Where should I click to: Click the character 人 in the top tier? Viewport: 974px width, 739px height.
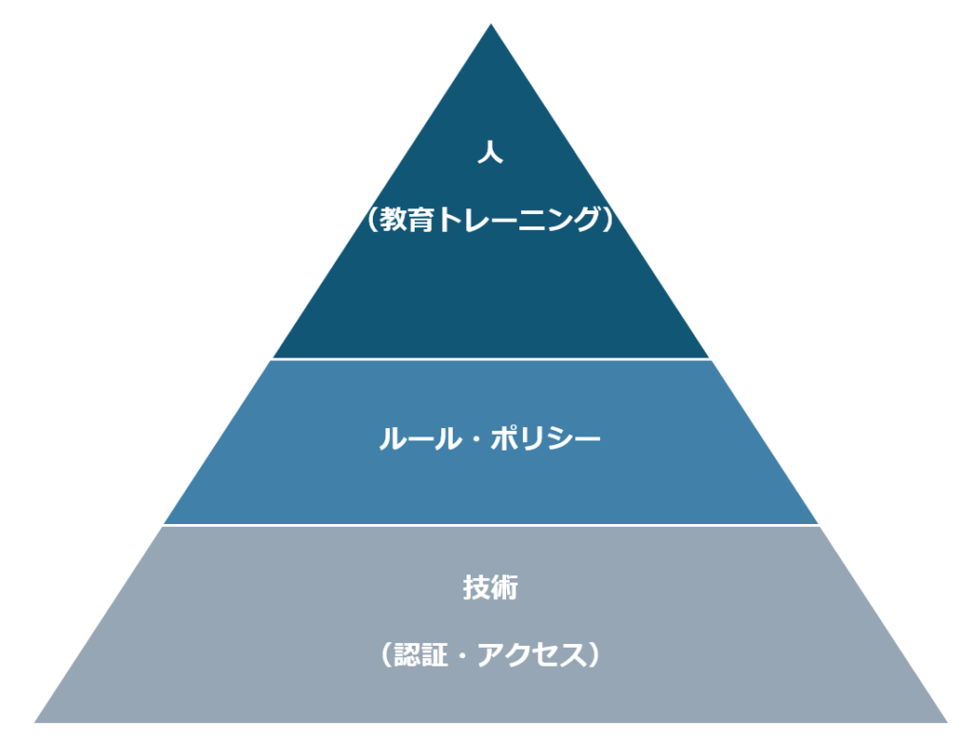tap(490, 151)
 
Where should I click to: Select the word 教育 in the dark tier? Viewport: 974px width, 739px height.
tap(406, 219)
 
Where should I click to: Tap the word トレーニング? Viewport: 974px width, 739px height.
tap(516, 219)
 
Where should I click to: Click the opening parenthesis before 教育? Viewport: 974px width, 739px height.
tap(373, 219)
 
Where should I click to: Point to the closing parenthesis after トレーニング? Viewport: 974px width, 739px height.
tap(608, 219)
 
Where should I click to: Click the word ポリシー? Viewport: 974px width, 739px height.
tap(545, 439)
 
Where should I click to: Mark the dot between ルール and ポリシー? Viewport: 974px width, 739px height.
tap(474, 439)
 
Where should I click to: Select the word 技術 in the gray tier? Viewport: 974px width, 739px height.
tap(490, 588)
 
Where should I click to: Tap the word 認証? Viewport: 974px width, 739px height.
tap(420, 655)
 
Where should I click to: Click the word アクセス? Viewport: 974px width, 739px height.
tap(532, 655)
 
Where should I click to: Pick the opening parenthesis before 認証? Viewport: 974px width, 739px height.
tap(386, 655)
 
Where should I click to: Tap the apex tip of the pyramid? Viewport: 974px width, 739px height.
tap(491, 24)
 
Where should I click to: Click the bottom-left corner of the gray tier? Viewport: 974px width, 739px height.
tap(34, 722)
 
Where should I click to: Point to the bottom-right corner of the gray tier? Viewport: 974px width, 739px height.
tap(947, 722)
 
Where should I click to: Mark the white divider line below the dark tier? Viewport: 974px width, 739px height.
tap(491, 359)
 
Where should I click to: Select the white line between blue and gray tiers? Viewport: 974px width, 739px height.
tap(491, 525)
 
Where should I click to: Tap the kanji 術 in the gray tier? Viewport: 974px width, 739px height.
tap(504, 588)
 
